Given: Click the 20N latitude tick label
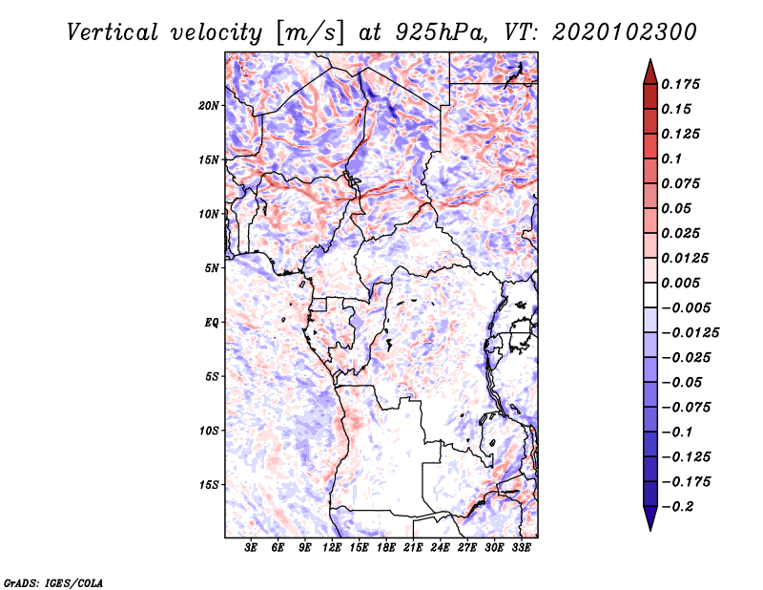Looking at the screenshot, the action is (x=208, y=106).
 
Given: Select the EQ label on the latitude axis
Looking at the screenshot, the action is (x=211, y=323).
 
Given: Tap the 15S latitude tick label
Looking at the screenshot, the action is (x=208, y=485).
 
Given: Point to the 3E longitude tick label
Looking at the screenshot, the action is (x=251, y=548).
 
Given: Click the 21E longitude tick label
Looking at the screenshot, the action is (x=413, y=548).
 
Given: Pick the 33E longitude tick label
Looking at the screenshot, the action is (x=521, y=548).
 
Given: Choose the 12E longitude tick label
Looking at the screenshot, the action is (x=331, y=548).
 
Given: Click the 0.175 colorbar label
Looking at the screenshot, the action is (x=680, y=84).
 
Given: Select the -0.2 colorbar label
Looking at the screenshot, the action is (x=677, y=507).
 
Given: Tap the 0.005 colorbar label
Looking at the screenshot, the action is (x=680, y=283).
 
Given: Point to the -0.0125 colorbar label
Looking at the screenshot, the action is (x=690, y=333).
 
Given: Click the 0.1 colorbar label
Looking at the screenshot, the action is (x=671, y=158).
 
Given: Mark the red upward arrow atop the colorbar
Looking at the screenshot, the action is (x=650, y=73).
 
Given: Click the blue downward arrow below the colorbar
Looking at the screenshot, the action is (x=650, y=517).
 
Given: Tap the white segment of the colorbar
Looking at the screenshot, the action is (x=650, y=295).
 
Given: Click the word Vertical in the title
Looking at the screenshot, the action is (x=113, y=33).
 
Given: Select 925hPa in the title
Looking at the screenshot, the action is (x=442, y=33).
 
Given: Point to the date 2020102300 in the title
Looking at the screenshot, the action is (x=625, y=32).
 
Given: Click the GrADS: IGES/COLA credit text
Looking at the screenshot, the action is (x=53, y=583).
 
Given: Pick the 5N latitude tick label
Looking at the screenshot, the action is (x=211, y=268).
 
